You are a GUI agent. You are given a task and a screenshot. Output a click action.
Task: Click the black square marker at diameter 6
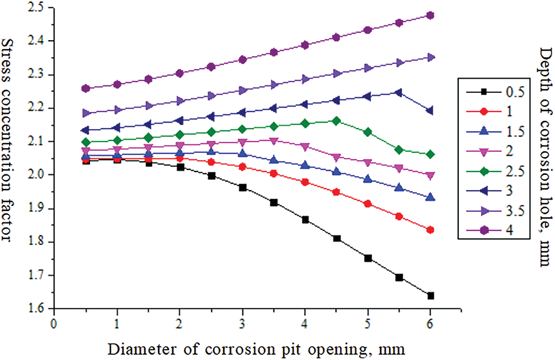point(430,295)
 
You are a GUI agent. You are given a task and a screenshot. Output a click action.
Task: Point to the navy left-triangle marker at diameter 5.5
point(399,92)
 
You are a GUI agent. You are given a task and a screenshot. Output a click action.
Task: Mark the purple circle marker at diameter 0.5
point(86,88)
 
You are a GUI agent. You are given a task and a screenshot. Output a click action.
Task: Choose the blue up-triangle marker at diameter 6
point(430,198)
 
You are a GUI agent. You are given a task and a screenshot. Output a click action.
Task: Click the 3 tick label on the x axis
point(242,324)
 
